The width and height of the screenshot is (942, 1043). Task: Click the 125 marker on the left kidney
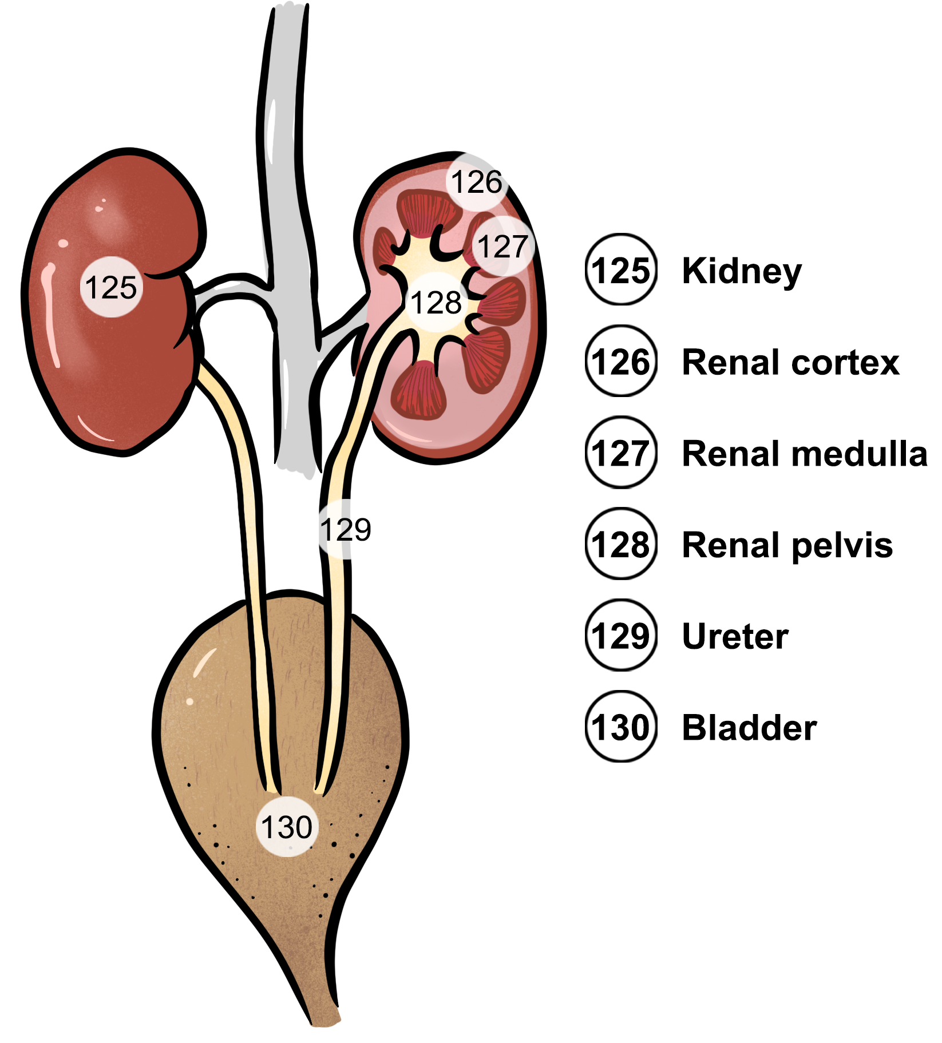(111, 287)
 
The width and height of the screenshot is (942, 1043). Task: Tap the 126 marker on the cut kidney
(476, 183)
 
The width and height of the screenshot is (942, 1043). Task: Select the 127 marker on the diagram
(502, 247)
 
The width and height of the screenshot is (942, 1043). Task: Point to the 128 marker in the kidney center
(436, 303)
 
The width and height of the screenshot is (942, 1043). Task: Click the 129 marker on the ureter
(345, 529)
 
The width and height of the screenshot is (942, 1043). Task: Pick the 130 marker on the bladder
(287, 827)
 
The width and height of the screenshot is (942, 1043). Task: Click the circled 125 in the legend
(621, 270)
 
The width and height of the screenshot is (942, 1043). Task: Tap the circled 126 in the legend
(621, 362)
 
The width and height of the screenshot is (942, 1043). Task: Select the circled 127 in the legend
(621, 453)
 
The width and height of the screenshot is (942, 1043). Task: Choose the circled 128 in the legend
(621, 545)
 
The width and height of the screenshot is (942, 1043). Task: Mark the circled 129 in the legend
(621, 636)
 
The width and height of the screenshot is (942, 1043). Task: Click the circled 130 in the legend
(621, 727)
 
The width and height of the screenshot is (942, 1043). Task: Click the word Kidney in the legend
(742, 271)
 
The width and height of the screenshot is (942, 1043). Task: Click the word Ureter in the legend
(735, 636)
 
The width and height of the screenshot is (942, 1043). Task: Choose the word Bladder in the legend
(749, 728)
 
